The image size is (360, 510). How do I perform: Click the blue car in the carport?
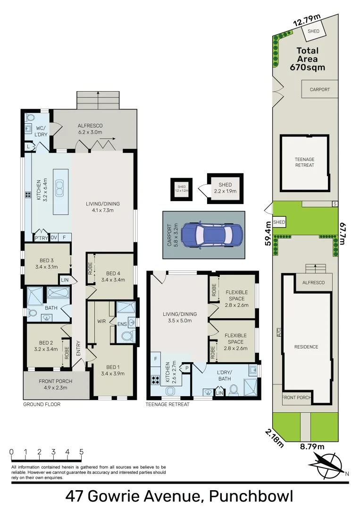pos(212,235)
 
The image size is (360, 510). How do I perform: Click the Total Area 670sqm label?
pos(307,59)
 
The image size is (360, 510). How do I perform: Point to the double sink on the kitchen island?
pos(59,189)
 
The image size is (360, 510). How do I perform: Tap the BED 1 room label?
pos(113,370)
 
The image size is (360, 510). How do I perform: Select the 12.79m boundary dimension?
pos(307,21)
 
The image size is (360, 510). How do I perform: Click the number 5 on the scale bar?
pos(82,451)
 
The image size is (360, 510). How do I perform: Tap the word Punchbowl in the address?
pos(251,497)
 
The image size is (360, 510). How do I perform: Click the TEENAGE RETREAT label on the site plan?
pos(304,162)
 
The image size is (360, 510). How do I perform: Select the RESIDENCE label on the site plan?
pos(306,347)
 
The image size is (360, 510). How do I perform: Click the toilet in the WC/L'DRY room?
pos(30,117)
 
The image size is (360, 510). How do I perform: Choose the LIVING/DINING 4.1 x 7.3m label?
pos(103,207)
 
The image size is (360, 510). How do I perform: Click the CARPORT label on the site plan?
pos(319,89)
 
